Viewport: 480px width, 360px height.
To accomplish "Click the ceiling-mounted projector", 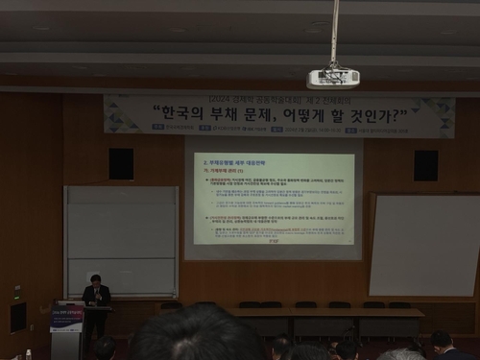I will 333,78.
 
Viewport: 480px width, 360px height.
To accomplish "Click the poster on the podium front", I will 66,318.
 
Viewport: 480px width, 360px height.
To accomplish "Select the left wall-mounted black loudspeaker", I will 121,163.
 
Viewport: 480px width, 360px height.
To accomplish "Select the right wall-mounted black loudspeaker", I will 425,164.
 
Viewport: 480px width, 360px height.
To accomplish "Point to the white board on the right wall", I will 423,245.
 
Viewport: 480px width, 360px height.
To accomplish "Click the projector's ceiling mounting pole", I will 334,34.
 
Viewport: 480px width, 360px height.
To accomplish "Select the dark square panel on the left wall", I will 17,316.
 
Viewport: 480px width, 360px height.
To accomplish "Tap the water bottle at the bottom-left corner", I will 28,354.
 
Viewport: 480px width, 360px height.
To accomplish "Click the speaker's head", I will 96,280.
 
